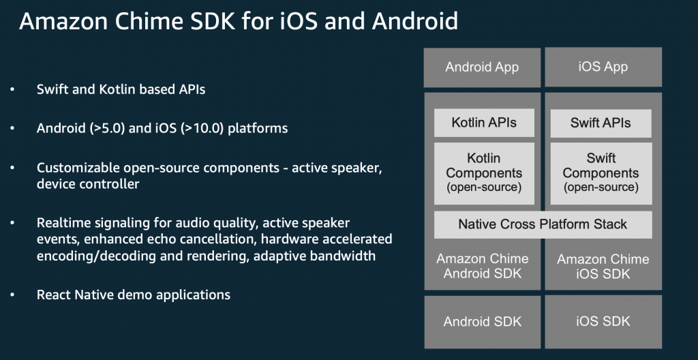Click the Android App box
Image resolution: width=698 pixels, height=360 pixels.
(x=482, y=67)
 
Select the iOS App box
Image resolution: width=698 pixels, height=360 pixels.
(x=603, y=67)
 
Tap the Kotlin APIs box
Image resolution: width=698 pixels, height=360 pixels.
(x=484, y=123)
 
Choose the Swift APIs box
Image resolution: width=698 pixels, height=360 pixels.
(x=601, y=123)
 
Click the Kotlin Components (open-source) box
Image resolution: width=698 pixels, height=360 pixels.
(x=484, y=173)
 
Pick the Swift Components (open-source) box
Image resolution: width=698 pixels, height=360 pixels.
(x=601, y=173)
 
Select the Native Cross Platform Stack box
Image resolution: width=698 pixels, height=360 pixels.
(x=543, y=224)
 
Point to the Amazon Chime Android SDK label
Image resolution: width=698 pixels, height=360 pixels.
(x=483, y=266)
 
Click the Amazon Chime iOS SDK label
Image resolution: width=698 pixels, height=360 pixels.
(x=603, y=267)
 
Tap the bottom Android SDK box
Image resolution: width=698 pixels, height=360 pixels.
(x=482, y=322)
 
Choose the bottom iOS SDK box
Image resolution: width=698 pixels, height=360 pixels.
(x=603, y=322)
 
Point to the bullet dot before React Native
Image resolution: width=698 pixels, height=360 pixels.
(x=12, y=295)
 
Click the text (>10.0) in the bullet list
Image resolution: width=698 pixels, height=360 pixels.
(x=202, y=129)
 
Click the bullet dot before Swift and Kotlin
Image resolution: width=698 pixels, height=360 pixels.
(x=12, y=89)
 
